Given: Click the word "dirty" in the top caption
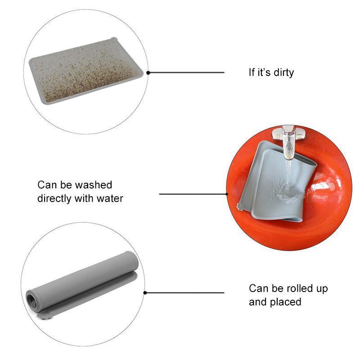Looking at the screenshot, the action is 284,72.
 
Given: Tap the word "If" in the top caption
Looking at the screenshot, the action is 252,72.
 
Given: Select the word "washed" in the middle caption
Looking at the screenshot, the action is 94,185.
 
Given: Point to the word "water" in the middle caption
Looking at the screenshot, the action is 110,198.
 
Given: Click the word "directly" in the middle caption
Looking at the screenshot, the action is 54,198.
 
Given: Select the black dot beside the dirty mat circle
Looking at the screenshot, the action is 148,73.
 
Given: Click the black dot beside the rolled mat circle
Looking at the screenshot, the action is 145,293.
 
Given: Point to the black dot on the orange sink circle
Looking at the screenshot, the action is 227,194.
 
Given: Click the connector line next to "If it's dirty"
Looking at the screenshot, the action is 186,72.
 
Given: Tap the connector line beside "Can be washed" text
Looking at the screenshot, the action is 193,194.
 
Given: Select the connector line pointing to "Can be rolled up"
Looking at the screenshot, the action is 184,293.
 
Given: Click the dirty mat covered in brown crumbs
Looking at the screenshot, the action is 86,71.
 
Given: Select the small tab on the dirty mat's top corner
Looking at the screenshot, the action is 113,38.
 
